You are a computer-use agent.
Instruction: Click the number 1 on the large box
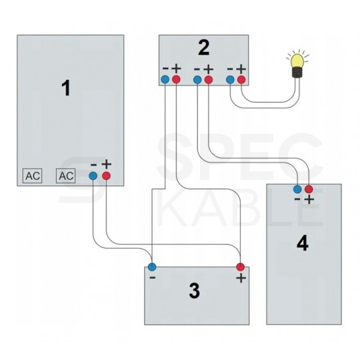[x=65, y=89]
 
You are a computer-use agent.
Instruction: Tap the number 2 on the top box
[x=203, y=47]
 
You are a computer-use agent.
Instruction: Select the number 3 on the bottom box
[x=194, y=291]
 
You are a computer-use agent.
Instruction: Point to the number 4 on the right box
[x=302, y=243]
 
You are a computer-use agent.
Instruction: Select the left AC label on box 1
[x=32, y=176]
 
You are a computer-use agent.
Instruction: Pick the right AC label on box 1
[x=65, y=176]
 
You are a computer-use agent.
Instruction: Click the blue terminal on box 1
[x=93, y=176]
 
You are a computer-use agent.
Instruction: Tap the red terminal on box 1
[x=106, y=176]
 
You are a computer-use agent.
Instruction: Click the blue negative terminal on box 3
[x=152, y=267]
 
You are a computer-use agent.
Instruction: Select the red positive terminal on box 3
[x=241, y=267]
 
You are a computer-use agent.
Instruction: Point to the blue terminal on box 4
[x=297, y=189]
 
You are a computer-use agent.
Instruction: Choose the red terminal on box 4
[x=309, y=189]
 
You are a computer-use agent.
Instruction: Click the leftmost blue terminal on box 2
[x=165, y=80]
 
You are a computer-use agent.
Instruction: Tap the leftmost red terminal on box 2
[x=176, y=80]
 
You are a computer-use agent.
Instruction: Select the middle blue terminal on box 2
[x=197, y=80]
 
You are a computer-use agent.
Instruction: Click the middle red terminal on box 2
[x=209, y=80]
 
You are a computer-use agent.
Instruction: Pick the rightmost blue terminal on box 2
[x=231, y=80]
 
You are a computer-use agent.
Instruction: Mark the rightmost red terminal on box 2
[x=241, y=80]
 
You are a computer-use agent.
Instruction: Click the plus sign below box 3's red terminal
[x=241, y=278]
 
